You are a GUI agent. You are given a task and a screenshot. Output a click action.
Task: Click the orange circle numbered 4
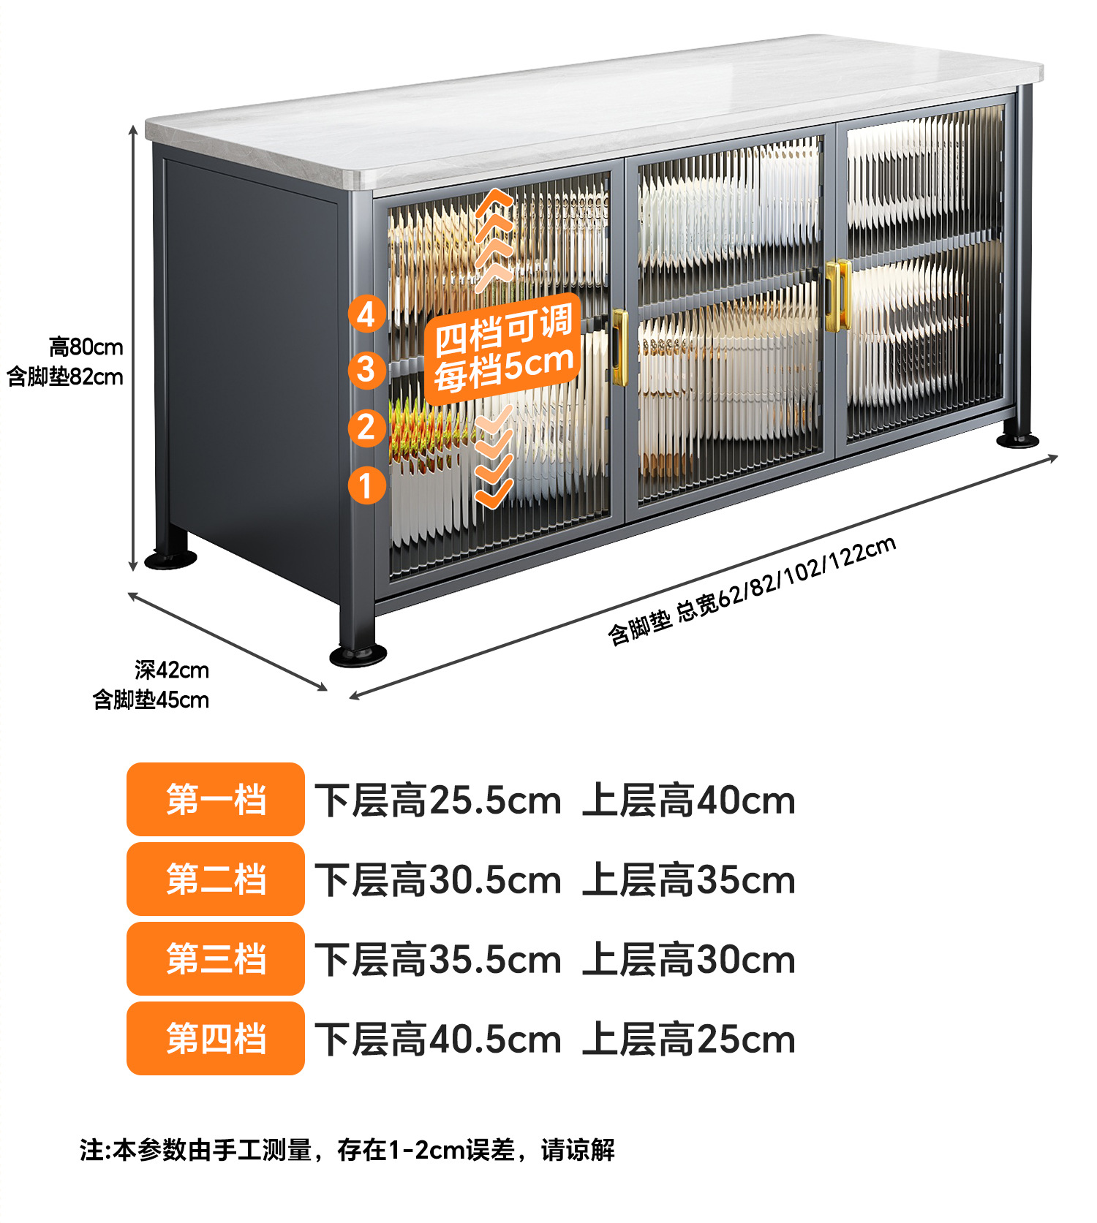[x=366, y=314]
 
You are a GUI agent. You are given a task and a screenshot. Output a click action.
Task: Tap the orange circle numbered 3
[x=366, y=369]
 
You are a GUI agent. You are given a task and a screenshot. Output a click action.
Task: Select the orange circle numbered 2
[x=366, y=428]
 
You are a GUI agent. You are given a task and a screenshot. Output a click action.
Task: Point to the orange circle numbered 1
[x=366, y=485]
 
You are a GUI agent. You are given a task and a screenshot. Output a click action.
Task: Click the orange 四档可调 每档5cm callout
[x=502, y=349]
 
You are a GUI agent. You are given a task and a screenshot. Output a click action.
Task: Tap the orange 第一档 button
[x=215, y=799]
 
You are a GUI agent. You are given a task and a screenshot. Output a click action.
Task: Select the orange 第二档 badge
[x=215, y=879]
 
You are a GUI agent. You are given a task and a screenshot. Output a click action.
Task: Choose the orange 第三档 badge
[x=215, y=958]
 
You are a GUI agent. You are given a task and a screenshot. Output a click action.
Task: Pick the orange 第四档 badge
[x=215, y=1038]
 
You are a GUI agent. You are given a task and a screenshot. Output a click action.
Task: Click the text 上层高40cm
[x=688, y=800]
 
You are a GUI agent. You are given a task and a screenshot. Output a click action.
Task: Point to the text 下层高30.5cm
[x=437, y=880]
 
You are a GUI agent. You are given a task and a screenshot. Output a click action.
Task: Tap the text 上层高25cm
[x=688, y=1040]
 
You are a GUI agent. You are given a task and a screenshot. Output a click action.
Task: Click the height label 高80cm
[x=86, y=347]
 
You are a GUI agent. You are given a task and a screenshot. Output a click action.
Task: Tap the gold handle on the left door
[x=619, y=347]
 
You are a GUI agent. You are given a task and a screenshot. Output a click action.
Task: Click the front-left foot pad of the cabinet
[x=358, y=654]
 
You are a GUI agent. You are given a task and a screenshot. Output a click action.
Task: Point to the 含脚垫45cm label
[x=151, y=700]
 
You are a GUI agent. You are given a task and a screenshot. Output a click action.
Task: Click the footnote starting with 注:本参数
[x=347, y=1150]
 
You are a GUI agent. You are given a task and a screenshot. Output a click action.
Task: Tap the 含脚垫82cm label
[x=65, y=377]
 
